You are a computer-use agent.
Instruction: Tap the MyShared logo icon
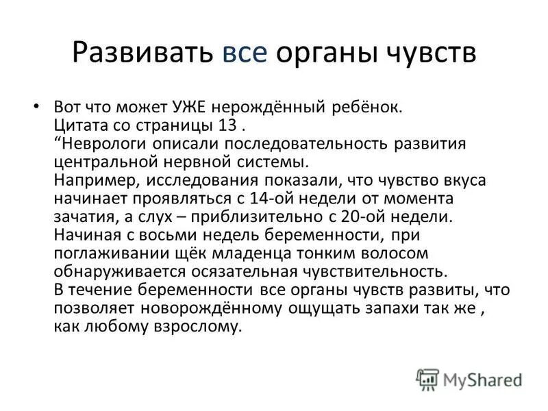[427, 378]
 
